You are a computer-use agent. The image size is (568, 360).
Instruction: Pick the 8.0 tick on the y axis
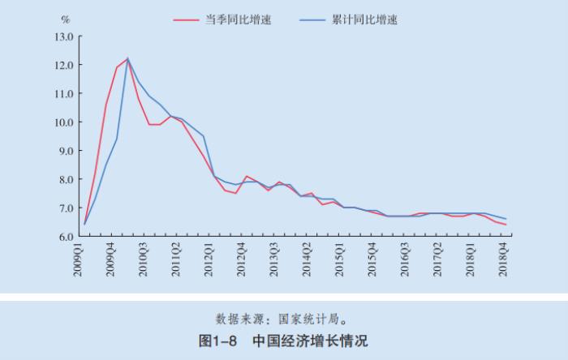[65, 179]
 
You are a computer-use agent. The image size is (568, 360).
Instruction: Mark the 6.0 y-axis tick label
[65, 237]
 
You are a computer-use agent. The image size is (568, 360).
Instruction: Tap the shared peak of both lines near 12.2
[127, 58]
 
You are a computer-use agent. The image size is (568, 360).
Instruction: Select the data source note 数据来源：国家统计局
[283, 317]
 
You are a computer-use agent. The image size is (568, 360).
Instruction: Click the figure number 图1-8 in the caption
[217, 340]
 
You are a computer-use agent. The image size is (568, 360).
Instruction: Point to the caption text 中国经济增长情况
[309, 340]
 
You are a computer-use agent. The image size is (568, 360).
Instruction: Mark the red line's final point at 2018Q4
[506, 225]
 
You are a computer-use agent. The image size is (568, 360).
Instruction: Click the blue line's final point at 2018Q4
[506, 219]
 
